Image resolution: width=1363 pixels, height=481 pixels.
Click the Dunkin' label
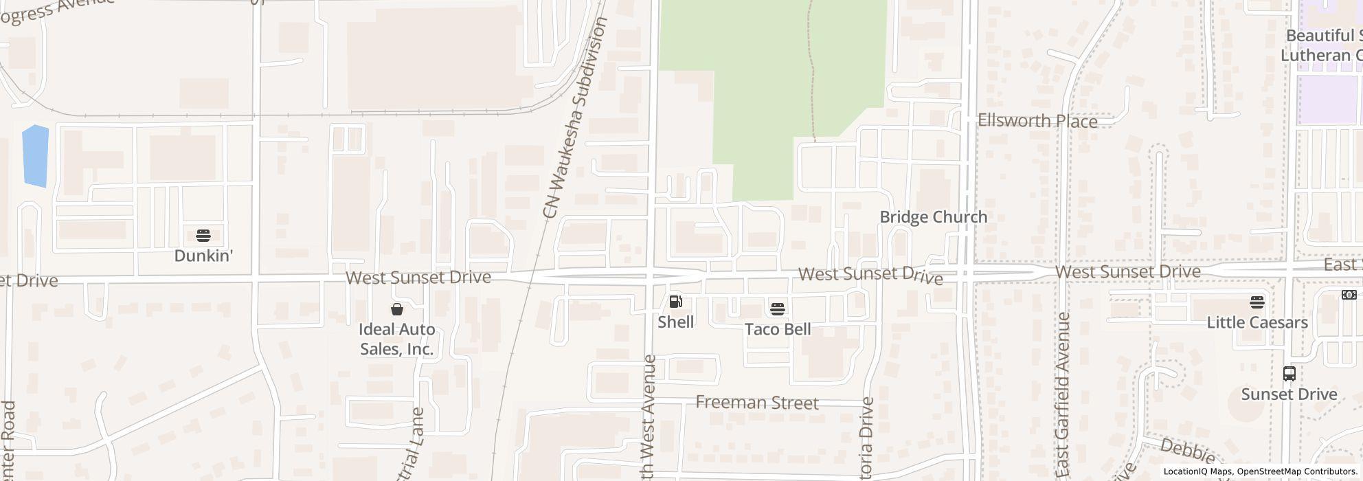point(203,256)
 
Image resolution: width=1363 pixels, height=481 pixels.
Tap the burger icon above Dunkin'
point(203,236)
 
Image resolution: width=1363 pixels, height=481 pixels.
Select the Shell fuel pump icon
point(675,302)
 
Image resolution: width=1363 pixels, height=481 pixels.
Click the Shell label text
point(675,322)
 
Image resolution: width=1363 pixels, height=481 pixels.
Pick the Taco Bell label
point(778,329)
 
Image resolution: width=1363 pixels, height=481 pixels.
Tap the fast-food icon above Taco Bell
point(777,309)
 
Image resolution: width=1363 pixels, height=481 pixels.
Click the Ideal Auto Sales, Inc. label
point(397,339)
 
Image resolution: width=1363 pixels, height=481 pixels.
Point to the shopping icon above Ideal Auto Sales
point(397,309)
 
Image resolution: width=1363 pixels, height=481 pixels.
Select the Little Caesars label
point(1257,322)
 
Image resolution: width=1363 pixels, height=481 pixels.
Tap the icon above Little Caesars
point(1257,302)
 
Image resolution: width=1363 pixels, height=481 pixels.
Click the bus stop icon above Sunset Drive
point(1289,374)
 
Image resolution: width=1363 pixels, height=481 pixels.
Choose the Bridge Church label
point(933,217)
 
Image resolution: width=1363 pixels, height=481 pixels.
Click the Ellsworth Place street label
point(1037,121)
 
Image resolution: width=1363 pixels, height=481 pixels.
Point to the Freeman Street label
point(757,403)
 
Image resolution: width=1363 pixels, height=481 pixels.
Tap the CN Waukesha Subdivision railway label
point(575,118)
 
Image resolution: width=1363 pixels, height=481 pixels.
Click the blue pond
point(35,156)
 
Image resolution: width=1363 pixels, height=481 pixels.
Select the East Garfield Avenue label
point(1063,394)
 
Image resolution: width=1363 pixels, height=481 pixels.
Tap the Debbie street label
point(1187,450)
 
